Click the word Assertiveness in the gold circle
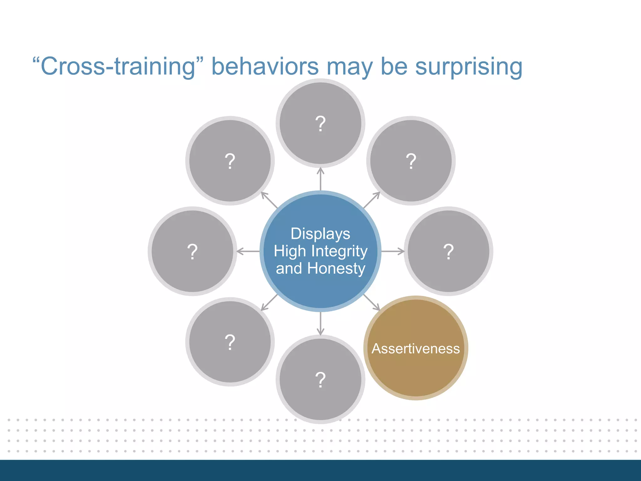pos(416,349)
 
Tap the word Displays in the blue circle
pos(320,234)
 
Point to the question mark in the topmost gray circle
pos(320,124)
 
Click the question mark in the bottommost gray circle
pos(320,380)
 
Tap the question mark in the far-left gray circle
pos(192,251)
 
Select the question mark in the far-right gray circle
pos(448,251)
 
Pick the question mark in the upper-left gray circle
pos(230,161)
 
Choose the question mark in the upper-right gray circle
pos(411,161)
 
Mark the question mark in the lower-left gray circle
pos(230,342)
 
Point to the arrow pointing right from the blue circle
pos(393,251)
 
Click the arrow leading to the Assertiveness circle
pos(372,303)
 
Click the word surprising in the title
pos(469,66)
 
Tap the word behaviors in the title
pos(265,66)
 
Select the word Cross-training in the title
pos(118,66)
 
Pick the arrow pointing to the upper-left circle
pos(269,200)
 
